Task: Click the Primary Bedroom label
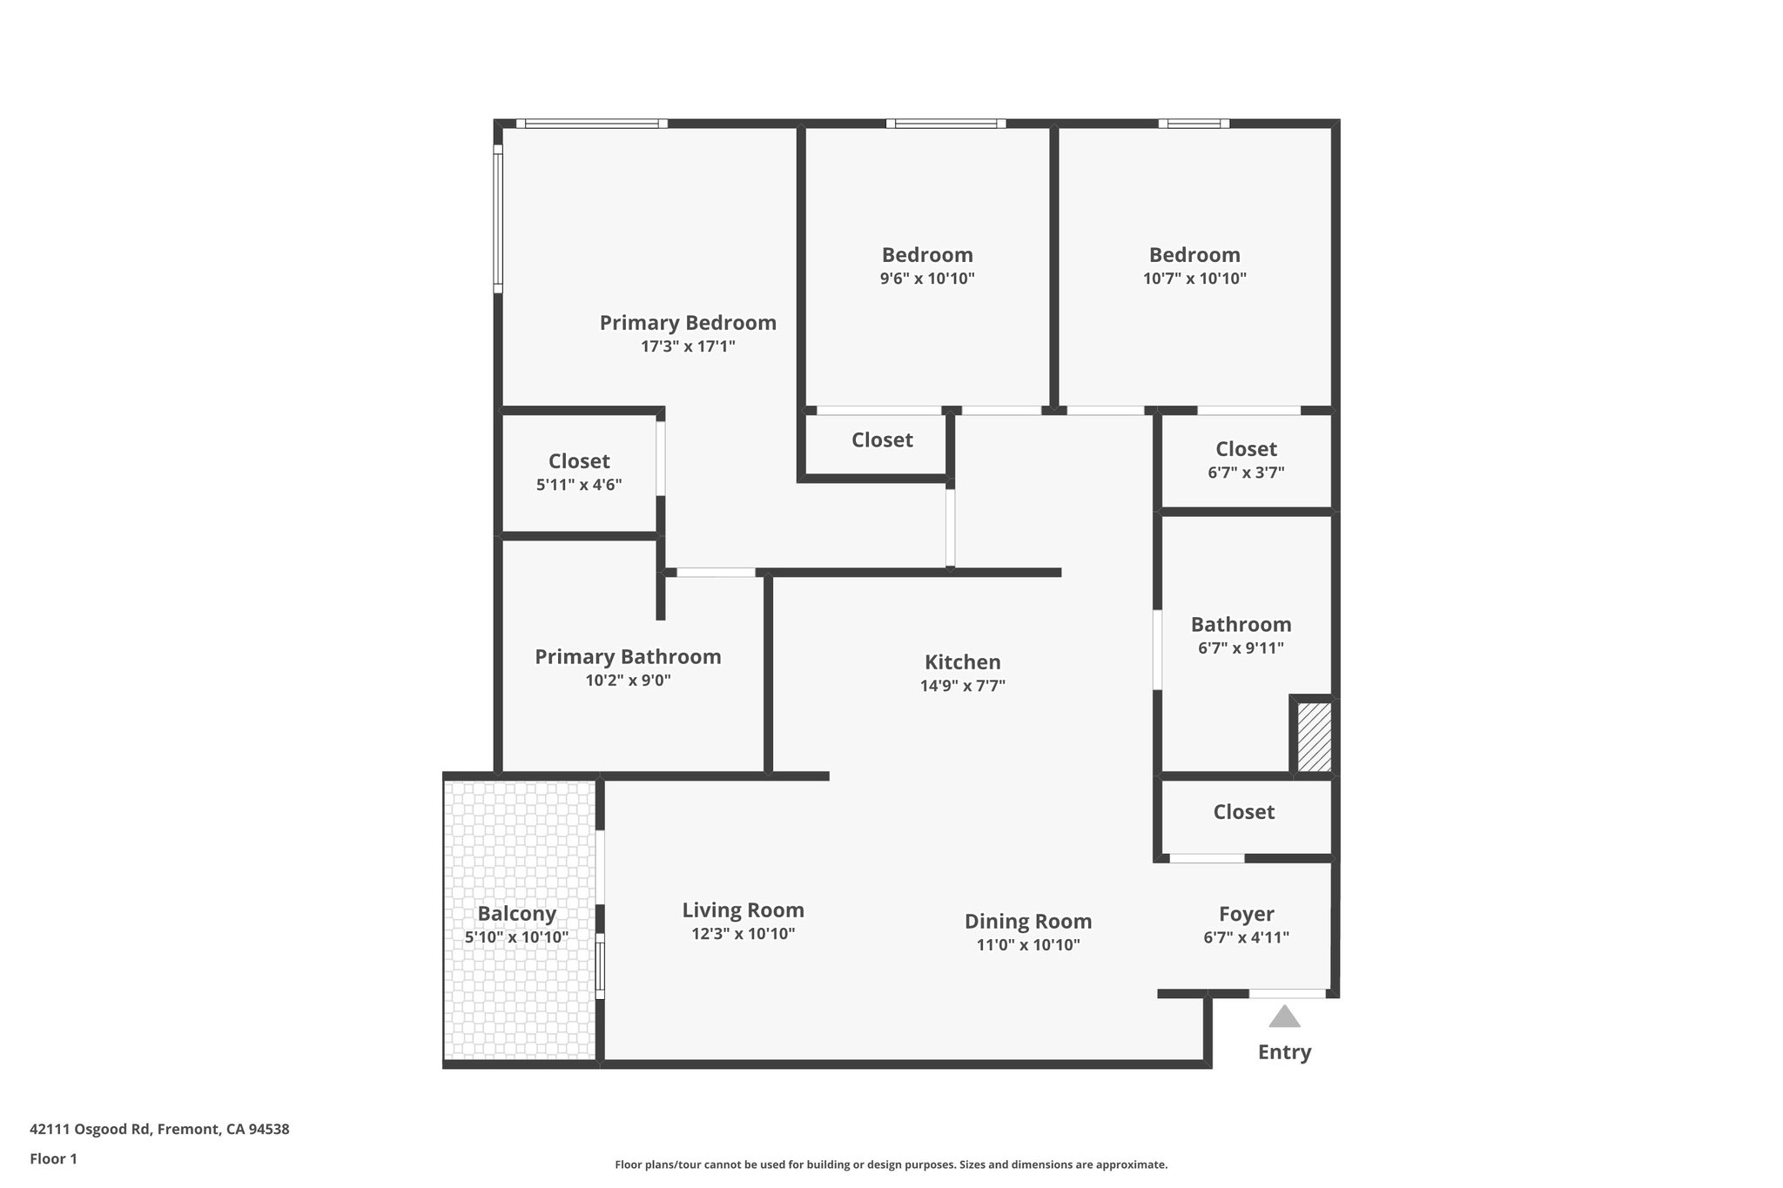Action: [x=688, y=323]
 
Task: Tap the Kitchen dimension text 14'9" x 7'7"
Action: [x=962, y=686]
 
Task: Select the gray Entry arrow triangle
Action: [x=1284, y=1017]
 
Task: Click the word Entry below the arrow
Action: [x=1284, y=1052]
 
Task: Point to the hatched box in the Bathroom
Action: [x=1314, y=736]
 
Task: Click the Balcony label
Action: [x=516, y=914]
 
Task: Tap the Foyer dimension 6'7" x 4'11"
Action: [x=1246, y=937]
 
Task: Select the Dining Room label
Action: [x=1027, y=921]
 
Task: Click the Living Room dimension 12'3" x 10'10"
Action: [x=743, y=934]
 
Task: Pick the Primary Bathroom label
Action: [x=628, y=657]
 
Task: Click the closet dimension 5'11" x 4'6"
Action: [x=579, y=485]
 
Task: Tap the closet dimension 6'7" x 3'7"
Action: [x=1246, y=473]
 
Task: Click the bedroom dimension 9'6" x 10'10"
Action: [x=927, y=279]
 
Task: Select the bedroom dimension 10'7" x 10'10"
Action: [x=1194, y=279]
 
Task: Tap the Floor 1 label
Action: [x=53, y=1159]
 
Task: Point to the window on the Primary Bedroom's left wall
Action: [x=498, y=218]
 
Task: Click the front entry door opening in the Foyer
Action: [x=1288, y=993]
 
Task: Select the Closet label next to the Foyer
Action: [x=1243, y=812]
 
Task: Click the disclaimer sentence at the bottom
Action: [x=891, y=1165]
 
